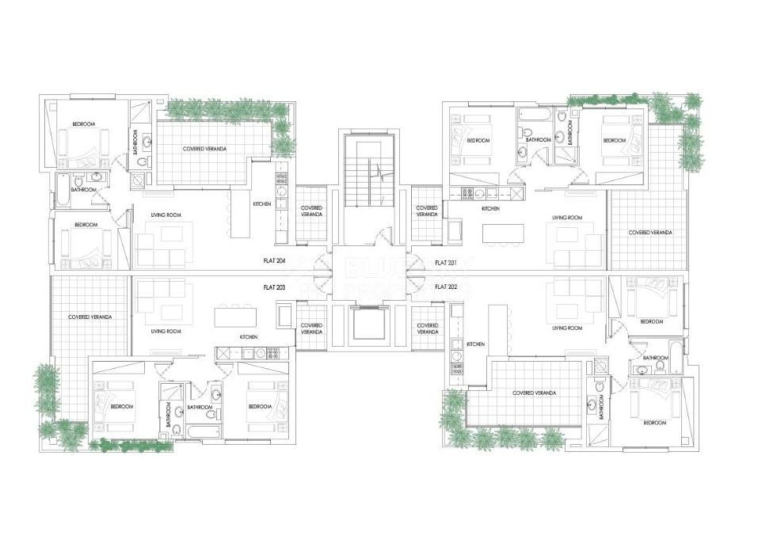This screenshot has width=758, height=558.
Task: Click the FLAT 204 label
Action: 274,260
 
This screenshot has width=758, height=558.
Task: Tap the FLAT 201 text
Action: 446,261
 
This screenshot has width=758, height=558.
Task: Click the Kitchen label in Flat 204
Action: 262,204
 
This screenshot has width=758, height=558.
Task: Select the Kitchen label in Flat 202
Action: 475,344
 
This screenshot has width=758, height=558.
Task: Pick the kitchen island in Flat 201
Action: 504,234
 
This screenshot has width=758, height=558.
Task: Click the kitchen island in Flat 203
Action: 235,317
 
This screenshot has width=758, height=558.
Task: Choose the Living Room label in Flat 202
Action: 567,328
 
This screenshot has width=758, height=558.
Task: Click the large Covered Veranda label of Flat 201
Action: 649,233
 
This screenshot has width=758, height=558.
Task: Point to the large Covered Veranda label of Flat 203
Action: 89,317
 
